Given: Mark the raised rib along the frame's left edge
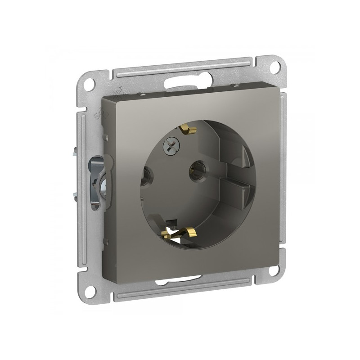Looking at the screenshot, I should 83,180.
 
